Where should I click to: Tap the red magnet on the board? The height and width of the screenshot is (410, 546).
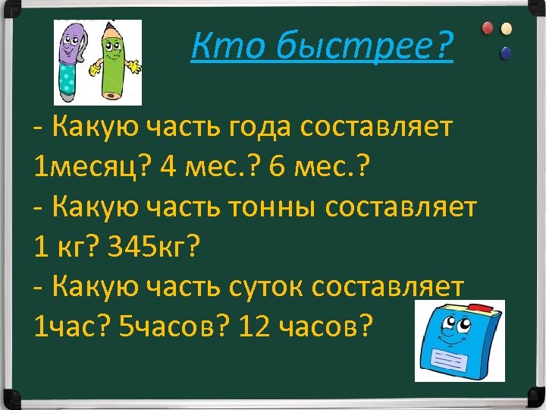[488, 28]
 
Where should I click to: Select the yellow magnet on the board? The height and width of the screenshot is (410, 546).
[506, 29]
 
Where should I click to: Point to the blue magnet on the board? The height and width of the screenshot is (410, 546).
[506, 52]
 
